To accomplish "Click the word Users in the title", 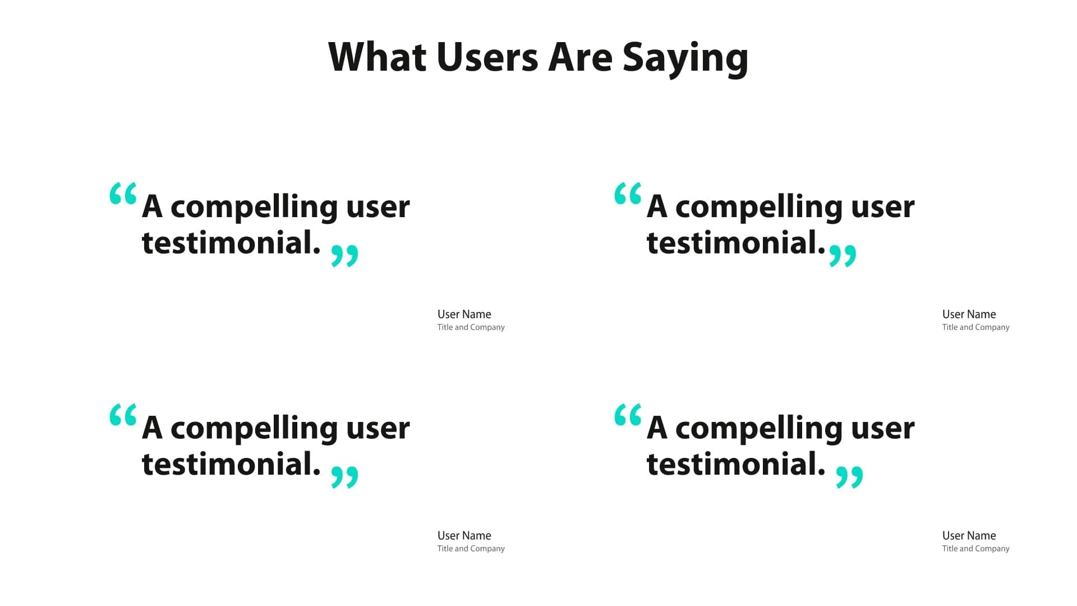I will tap(487, 57).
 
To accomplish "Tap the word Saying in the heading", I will tap(685, 58).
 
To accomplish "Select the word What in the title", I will tap(377, 57).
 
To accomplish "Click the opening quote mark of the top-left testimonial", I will tap(123, 194).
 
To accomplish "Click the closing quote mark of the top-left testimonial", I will tap(344, 255).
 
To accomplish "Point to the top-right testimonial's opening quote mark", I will tap(628, 194).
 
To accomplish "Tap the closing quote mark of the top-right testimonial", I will tap(843, 255).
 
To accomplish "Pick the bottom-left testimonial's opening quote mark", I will tap(123, 415).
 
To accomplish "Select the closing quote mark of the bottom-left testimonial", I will tap(344, 477).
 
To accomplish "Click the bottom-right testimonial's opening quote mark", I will tap(628, 415).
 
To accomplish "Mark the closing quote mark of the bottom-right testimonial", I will tap(849, 477).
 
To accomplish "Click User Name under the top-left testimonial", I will tap(464, 314).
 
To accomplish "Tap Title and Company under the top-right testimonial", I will tap(975, 327).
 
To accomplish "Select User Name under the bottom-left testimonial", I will tap(464, 535).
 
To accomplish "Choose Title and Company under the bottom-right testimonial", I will tap(975, 548).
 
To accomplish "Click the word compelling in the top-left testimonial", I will tap(254, 208).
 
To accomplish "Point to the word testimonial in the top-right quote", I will tap(735, 243).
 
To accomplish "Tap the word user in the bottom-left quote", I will tap(378, 429).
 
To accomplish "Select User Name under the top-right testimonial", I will tap(969, 314).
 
